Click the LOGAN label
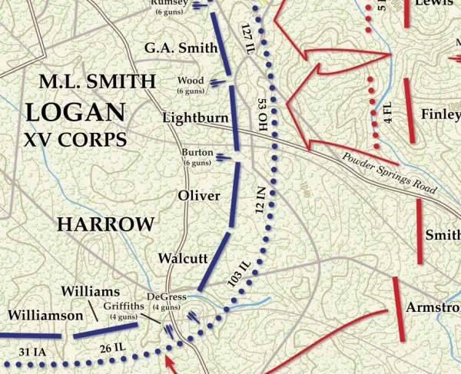coord(75,111)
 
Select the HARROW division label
coord(105,224)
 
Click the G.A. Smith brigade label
coord(181,48)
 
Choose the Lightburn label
coord(195,117)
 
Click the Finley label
coord(440,114)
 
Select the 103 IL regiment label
coord(240,275)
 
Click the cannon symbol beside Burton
coord(223,158)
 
